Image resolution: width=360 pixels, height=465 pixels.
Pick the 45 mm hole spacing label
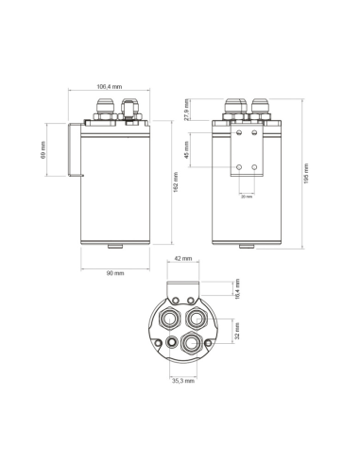(187, 149)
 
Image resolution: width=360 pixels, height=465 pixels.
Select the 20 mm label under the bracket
(247, 197)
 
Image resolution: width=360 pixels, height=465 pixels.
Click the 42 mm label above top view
(183, 258)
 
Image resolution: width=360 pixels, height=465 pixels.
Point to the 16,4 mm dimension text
(238, 288)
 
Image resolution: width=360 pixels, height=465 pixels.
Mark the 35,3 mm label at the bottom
(183, 381)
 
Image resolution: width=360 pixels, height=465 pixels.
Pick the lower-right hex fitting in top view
(193, 340)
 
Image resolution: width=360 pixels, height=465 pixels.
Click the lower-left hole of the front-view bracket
(239, 165)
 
